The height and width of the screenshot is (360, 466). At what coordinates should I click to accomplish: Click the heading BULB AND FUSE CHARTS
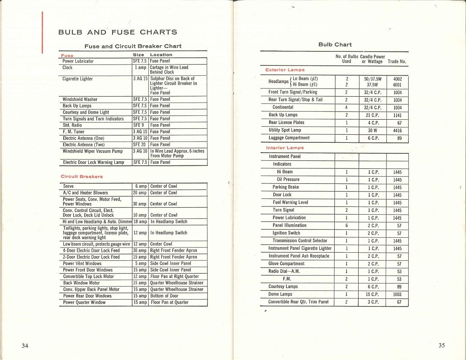point(118,32)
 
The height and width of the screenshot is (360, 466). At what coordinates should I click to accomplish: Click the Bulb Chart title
point(335,44)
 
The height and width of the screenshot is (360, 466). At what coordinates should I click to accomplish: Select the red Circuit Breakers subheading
point(82,177)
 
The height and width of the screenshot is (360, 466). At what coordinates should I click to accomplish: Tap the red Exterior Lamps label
point(285,70)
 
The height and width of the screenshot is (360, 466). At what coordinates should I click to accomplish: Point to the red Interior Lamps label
point(285,148)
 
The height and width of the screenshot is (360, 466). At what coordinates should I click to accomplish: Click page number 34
point(25,346)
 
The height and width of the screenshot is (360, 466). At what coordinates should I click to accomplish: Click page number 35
point(442,346)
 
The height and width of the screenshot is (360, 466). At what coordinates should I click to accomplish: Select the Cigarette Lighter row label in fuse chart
point(78,79)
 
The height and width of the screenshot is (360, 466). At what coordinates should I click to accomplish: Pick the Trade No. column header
point(397,62)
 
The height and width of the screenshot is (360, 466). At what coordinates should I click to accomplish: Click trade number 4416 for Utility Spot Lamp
point(398,130)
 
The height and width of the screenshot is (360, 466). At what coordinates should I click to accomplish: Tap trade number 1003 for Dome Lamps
point(398,295)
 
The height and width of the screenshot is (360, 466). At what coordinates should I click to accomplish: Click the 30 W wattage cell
point(372,130)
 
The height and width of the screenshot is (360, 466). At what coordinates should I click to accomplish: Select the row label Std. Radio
point(72,125)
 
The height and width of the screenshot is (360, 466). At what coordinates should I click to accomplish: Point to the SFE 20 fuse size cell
point(140,145)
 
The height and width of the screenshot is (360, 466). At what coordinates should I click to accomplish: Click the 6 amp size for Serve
point(141,186)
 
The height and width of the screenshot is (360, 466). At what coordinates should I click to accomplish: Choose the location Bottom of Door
point(165,296)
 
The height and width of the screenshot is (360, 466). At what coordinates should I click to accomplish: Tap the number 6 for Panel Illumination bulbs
point(346,225)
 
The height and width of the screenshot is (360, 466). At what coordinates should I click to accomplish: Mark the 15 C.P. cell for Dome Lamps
point(372,295)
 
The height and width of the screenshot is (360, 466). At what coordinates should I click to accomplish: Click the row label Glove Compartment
point(286,264)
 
